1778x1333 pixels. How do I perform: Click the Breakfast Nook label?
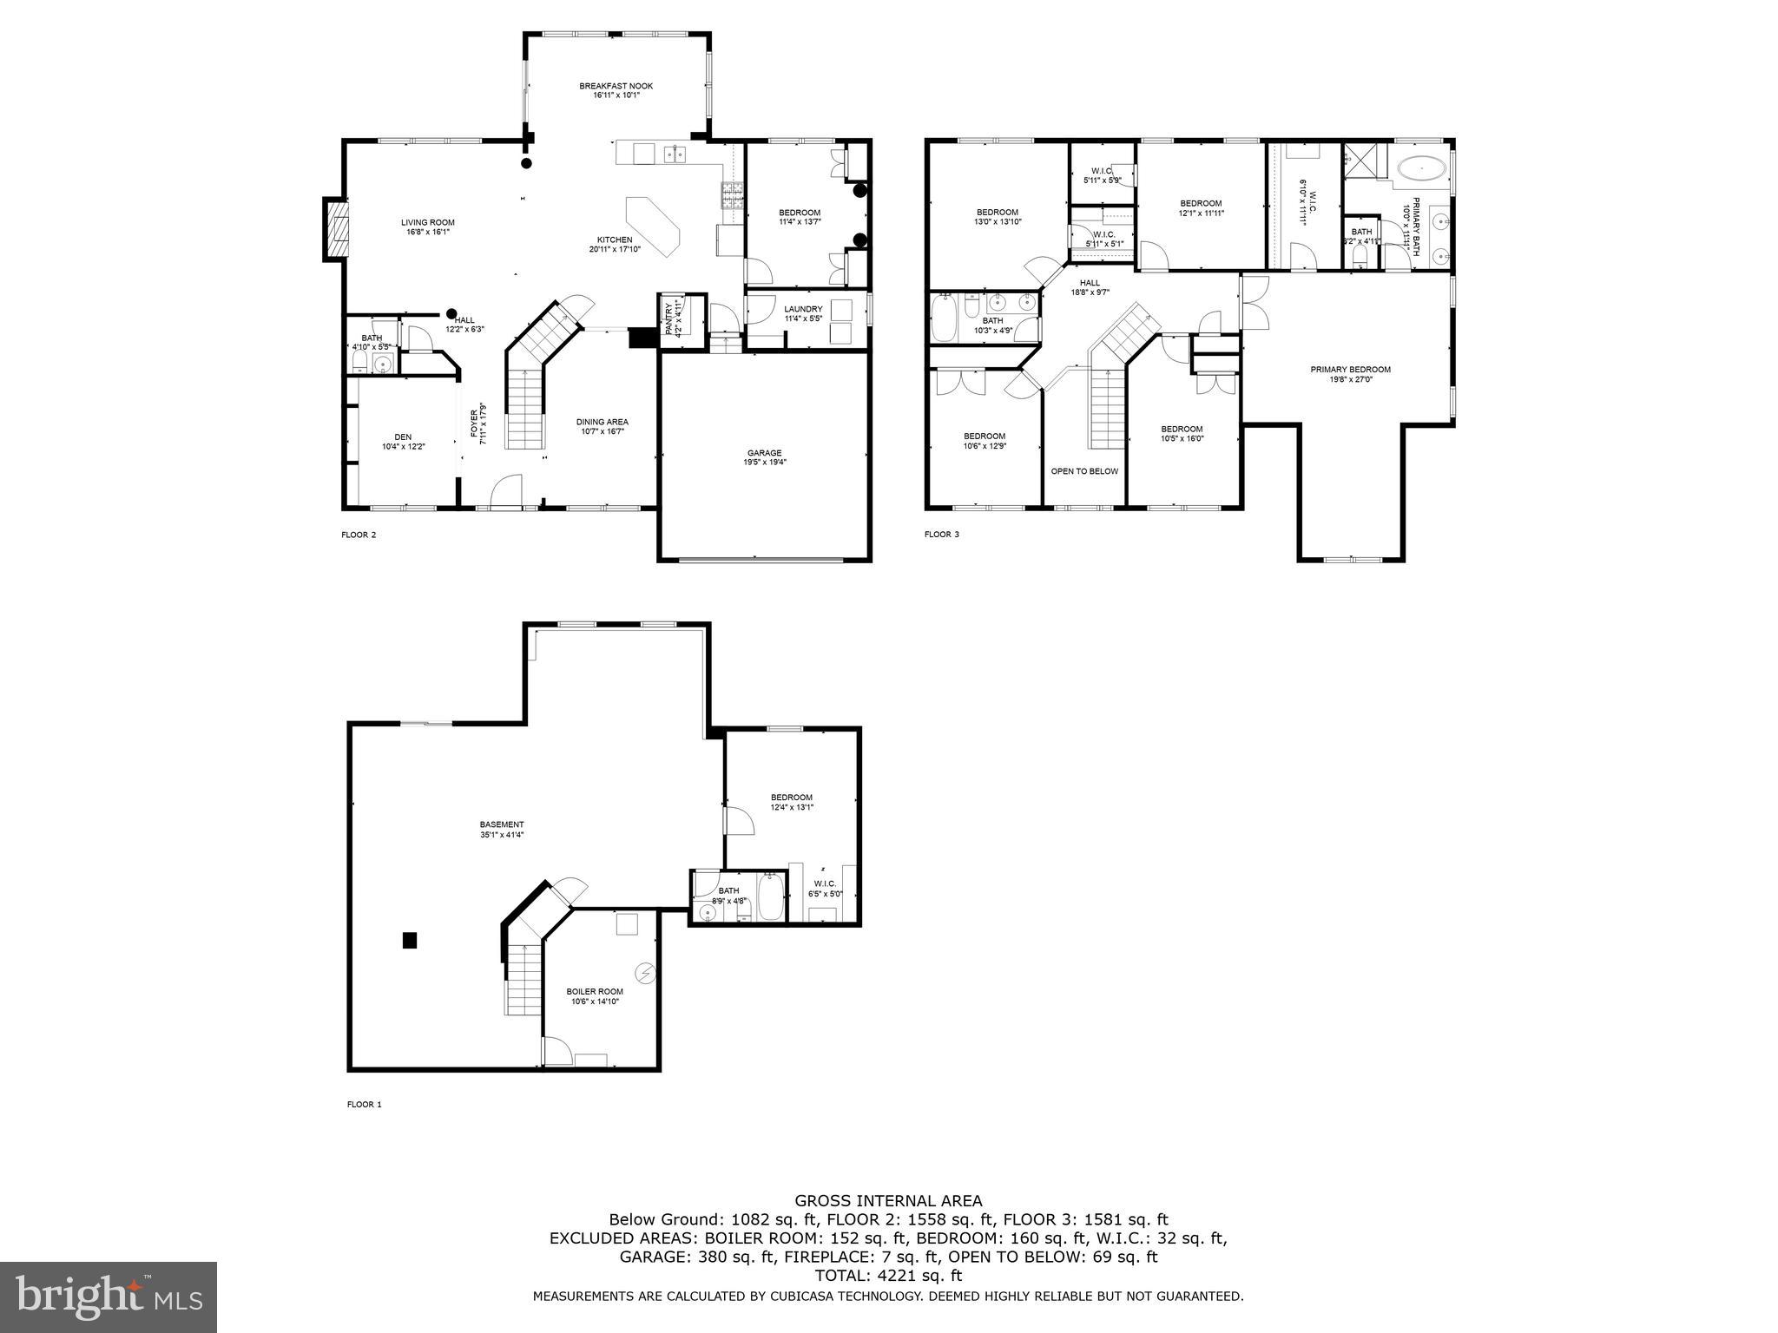click(x=616, y=86)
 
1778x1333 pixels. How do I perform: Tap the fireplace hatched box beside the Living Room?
click(x=337, y=229)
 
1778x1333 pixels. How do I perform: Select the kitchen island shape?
click(x=652, y=224)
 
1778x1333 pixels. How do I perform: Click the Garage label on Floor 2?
click(x=764, y=452)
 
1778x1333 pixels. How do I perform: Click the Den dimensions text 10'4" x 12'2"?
click(x=403, y=447)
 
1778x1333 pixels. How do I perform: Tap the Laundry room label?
click(x=802, y=309)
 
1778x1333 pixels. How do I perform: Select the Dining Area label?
click(x=602, y=422)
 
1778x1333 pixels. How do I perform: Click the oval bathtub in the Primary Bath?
click(x=1421, y=168)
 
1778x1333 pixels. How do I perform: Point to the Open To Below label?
click(x=1084, y=471)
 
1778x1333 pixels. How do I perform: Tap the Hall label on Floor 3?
click(x=1090, y=282)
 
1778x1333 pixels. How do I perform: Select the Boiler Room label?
click(x=595, y=991)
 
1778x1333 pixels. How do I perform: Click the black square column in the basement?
click(x=410, y=940)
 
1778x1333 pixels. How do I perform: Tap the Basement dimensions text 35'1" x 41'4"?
click(x=502, y=835)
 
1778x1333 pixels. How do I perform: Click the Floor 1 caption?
click(x=364, y=1105)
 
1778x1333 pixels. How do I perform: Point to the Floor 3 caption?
click(x=941, y=535)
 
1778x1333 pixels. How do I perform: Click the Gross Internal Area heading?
click(x=888, y=1201)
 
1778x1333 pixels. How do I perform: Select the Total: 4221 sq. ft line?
click(x=888, y=1276)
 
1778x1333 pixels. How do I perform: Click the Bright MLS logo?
click(x=109, y=1297)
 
